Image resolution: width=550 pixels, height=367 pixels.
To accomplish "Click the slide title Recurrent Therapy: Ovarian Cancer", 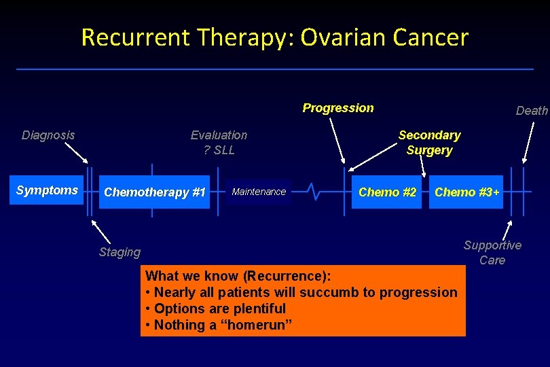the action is tap(274, 37).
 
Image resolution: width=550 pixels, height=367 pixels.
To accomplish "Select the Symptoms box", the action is tap(47, 190).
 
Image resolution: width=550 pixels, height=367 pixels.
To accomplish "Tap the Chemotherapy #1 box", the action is tap(154, 192).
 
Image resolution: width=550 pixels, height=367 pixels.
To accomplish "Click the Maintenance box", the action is tap(259, 192).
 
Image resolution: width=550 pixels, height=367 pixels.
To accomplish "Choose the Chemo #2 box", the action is tap(387, 192).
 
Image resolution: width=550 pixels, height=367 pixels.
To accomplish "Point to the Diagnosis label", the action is tap(48, 135).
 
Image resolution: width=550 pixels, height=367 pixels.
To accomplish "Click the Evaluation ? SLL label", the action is tap(219, 143).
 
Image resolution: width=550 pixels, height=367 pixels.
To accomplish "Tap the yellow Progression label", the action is tap(337, 108).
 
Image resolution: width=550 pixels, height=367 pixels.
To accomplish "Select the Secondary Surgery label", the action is tap(429, 143).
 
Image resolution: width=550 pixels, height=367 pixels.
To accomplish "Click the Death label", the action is tap(532, 111).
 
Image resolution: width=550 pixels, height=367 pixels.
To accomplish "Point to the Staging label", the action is tap(120, 252).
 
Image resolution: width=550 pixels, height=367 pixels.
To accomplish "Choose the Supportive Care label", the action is tap(492, 252).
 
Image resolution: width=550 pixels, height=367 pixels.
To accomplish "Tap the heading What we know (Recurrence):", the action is tap(238, 276).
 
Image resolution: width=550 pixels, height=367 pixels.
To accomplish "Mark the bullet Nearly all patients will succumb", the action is tap(301, 292).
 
